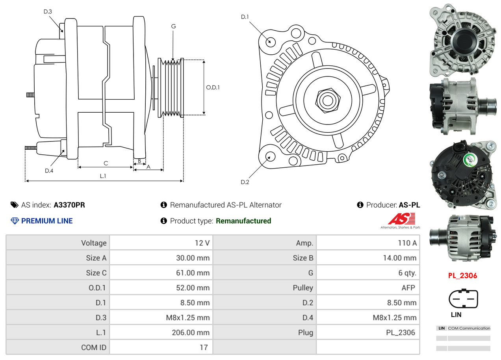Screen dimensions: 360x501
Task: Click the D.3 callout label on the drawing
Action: (48, 11)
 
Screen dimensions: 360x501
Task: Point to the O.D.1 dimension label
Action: (213, 87)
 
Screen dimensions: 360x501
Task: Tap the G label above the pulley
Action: (173, 26)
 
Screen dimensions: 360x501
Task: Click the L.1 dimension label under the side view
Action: (103, 176)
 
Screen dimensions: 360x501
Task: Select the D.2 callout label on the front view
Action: (245, 182)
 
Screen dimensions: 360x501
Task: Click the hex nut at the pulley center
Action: (327, 100)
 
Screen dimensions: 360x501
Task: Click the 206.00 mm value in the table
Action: (191, 332)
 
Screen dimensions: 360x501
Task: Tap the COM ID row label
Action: (94, 347)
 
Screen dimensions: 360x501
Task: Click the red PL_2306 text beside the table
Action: (462, 276)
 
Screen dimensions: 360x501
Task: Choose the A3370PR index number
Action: (69, 205)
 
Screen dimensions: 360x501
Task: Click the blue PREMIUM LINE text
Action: (47, 221)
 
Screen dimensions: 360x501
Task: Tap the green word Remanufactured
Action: (243, 221)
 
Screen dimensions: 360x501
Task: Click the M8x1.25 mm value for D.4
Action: (394, 317)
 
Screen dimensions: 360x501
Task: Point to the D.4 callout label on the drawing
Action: (49, 171)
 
